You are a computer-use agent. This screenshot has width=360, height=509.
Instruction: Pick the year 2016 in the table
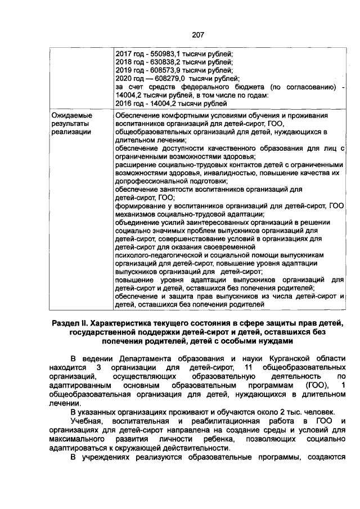tap(123, 103)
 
